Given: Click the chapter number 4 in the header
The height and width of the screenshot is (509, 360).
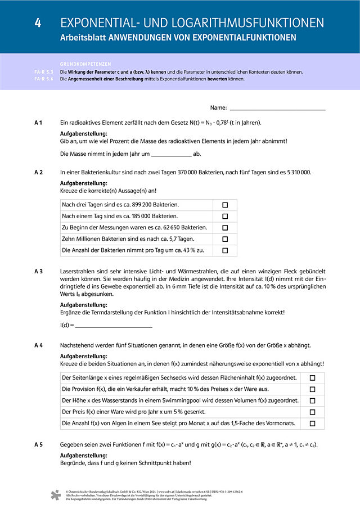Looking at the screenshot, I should click(38, 23).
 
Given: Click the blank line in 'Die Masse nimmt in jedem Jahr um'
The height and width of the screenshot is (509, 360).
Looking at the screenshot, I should click(172, 154).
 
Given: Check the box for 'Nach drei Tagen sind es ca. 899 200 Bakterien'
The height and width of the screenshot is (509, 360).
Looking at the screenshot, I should click(225, 205).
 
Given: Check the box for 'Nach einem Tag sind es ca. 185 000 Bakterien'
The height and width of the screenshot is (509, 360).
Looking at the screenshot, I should click(225, 217).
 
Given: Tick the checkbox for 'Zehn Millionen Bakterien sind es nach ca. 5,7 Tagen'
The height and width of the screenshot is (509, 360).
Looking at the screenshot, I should click(225, 239).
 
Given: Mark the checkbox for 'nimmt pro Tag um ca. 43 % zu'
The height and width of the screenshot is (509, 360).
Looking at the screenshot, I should click(225, 250).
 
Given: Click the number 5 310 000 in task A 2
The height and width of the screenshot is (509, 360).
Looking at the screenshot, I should click(296, 173).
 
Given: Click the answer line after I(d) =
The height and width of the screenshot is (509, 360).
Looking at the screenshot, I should click(114, 326).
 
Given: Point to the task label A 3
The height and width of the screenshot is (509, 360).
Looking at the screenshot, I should click(39, 271).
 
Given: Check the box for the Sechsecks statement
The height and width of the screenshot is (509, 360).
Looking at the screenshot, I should click(312, 378).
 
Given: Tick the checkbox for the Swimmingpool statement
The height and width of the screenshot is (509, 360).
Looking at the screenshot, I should click(312, 401).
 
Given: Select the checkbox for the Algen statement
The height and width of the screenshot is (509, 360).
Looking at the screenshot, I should click(312, 424).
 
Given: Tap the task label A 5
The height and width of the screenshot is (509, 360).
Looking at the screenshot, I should click(39, 444).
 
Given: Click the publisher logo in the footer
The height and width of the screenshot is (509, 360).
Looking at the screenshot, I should click(55, 496).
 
